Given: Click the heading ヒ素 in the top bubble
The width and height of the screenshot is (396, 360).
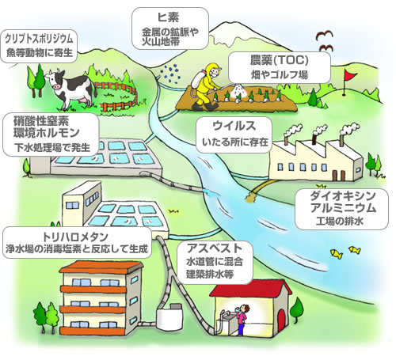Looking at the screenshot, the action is coord(168,17).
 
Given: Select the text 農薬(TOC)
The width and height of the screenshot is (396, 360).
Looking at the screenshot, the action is coord(280,60).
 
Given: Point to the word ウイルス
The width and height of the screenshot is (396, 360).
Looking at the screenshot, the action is coord(234,126).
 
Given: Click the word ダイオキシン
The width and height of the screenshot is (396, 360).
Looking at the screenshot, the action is coord(343,195).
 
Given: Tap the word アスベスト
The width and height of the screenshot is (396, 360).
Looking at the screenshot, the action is coord(214,248).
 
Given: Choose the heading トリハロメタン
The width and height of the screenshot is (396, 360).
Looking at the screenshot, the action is coord(75,237).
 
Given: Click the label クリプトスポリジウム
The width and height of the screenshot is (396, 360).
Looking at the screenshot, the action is coord(39,39).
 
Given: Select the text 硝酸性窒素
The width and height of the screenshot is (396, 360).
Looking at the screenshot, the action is coord(41,121).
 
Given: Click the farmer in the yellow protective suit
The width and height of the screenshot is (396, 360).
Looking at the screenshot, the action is coord(208,87).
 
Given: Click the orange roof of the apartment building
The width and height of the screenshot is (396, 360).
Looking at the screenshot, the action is coord(101,267).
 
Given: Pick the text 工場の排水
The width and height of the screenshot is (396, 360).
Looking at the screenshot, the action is coord(340,221).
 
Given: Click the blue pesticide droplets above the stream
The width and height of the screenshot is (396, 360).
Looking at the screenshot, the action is coord(171,73).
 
